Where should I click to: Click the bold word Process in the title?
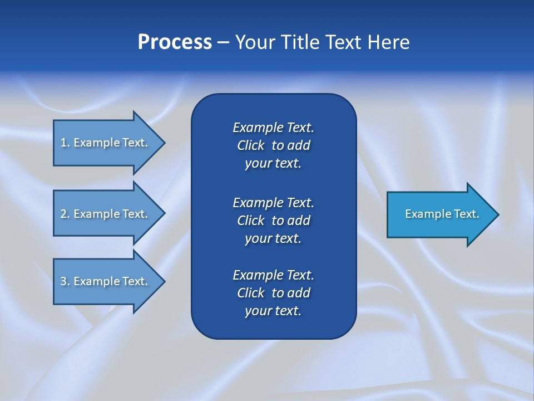175,42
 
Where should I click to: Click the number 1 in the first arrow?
63,143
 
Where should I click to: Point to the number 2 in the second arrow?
63,214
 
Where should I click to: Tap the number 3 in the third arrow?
63,281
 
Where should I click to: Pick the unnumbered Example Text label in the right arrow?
442,214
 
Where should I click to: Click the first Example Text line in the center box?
273,128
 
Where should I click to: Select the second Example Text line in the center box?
273,202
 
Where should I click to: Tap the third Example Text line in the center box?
273,275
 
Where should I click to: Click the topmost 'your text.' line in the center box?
273,164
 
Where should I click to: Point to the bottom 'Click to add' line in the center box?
273,293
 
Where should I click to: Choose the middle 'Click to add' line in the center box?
273,221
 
